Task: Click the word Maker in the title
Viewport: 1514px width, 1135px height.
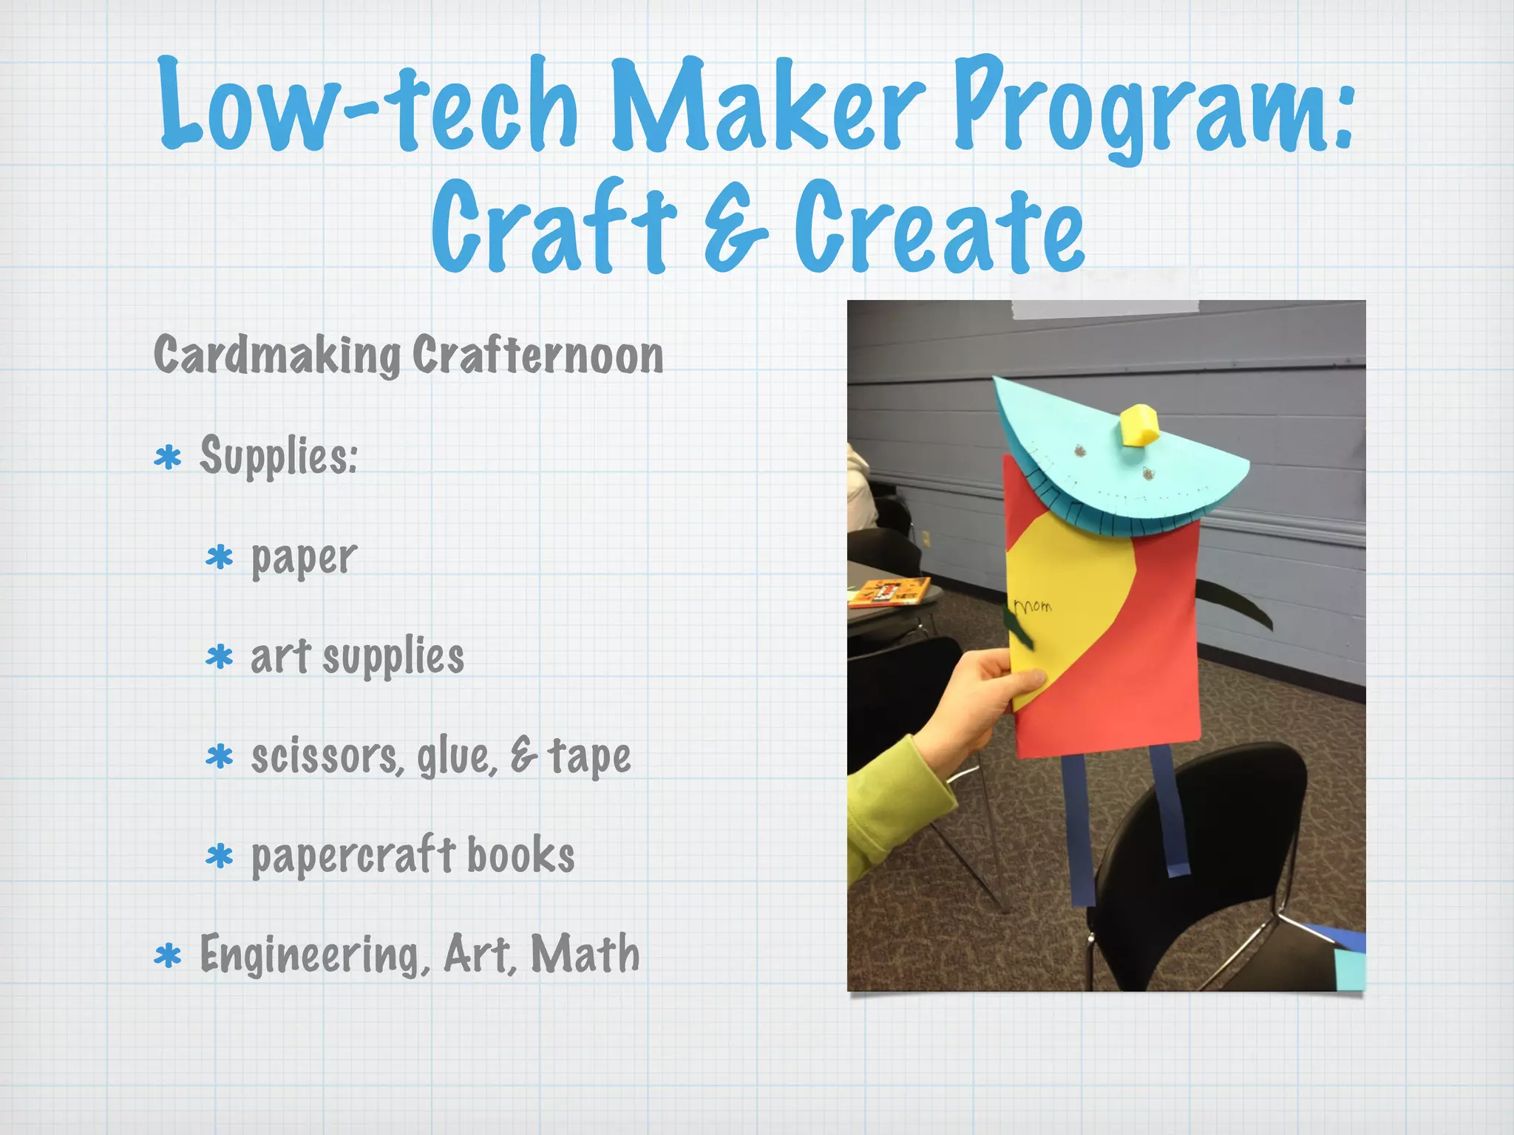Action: click(769, 107)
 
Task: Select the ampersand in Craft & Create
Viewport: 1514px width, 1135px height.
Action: click(736, 229)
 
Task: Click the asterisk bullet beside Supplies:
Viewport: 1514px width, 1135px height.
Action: click(168, 458)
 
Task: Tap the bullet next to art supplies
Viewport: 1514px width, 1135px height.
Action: click(220, 657)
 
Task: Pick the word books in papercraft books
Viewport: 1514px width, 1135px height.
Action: click(520, 856)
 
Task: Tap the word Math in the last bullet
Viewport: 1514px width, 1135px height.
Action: click(585, 955)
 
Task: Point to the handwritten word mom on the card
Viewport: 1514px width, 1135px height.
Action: click(1033, 606)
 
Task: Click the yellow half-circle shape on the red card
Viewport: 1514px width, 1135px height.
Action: click(1065, 591)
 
